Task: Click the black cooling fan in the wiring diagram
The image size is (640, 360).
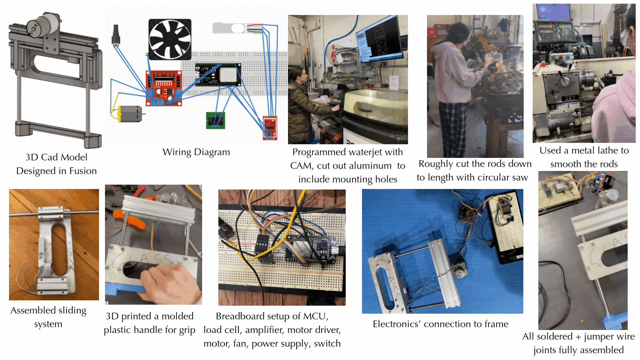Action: (170, 39)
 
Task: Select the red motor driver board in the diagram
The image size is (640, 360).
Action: (164, 88)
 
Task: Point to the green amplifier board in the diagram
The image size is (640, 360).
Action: (215, 120)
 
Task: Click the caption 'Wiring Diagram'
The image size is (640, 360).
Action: (196, 152)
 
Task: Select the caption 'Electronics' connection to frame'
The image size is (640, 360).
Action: (440, 324)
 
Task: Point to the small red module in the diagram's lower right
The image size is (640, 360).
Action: (270, 128)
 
